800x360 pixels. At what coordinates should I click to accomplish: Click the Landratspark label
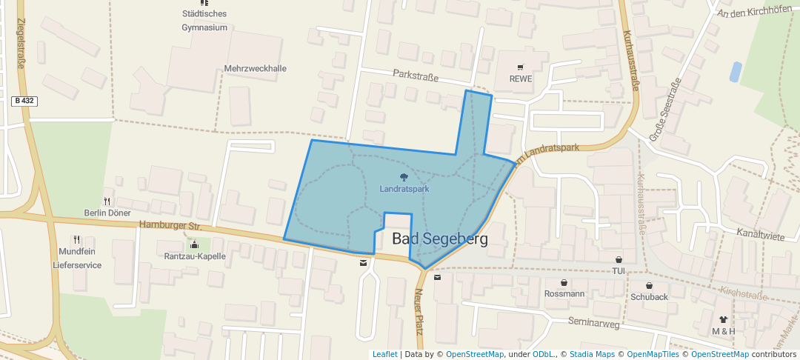(404, 190)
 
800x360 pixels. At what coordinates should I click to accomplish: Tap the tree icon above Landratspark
(404, 178)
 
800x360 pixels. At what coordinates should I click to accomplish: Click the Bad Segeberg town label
(440, 239)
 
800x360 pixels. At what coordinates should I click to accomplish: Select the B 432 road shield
(24, 100)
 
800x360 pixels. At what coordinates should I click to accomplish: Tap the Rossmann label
(564, 294)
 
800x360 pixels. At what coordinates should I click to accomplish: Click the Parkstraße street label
(416, 76)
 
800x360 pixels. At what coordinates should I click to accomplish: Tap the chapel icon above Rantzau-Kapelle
(194, 244)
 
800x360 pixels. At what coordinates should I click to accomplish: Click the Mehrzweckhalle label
(255, 69)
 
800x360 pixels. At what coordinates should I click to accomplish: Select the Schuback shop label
(649, 297)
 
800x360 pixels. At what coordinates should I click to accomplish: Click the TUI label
(619, 271)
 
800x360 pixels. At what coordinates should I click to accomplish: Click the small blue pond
(735, 72)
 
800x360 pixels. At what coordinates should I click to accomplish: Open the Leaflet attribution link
(384, 355)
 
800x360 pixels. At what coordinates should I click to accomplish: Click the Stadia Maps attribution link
(592, 355)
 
